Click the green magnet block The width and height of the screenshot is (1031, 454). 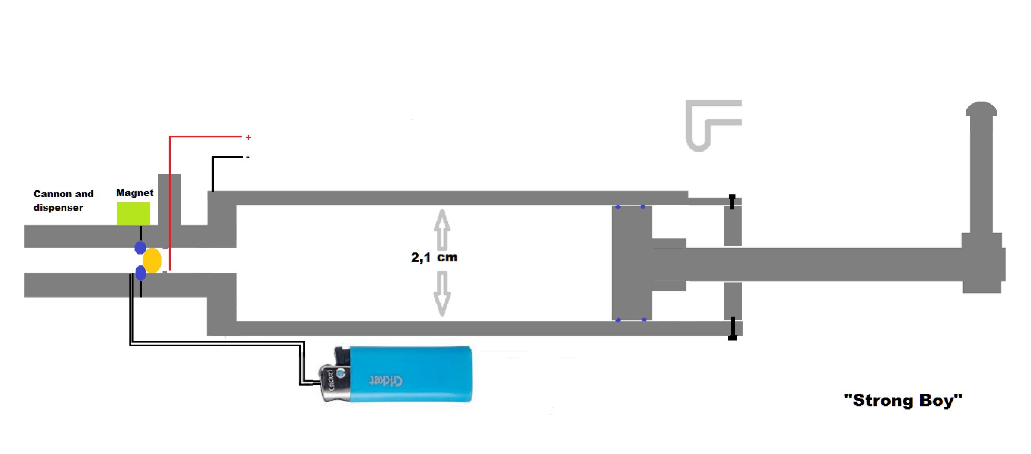[x=133, y=214]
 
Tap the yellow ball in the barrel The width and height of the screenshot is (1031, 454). [x=152, y=261]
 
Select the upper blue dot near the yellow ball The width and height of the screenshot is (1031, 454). [x=140, y=248]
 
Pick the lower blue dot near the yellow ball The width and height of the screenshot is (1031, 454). [x=140, y=273]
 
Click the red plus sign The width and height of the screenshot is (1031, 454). [x=248, y=137]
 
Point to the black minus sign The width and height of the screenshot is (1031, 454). [x=248, y=157]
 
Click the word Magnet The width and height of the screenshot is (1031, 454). [x=135, y=193]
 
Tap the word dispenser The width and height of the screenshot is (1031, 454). [x=58, y=208]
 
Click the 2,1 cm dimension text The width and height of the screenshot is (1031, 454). [x=434, y=258]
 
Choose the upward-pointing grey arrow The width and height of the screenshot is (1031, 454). [x=442, y=230]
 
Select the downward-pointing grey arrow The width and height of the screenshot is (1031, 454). [x=442, y=293]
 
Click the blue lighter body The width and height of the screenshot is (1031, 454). [x=411, y=374]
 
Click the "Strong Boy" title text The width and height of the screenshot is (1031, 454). [x=903, y=401]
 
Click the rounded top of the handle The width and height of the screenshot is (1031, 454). [x=981, y=109]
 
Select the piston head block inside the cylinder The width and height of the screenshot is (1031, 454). [x=631, y=263]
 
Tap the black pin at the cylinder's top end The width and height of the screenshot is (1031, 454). [x=732, y=202]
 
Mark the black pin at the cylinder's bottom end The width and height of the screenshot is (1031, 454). [x=732, y=329]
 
